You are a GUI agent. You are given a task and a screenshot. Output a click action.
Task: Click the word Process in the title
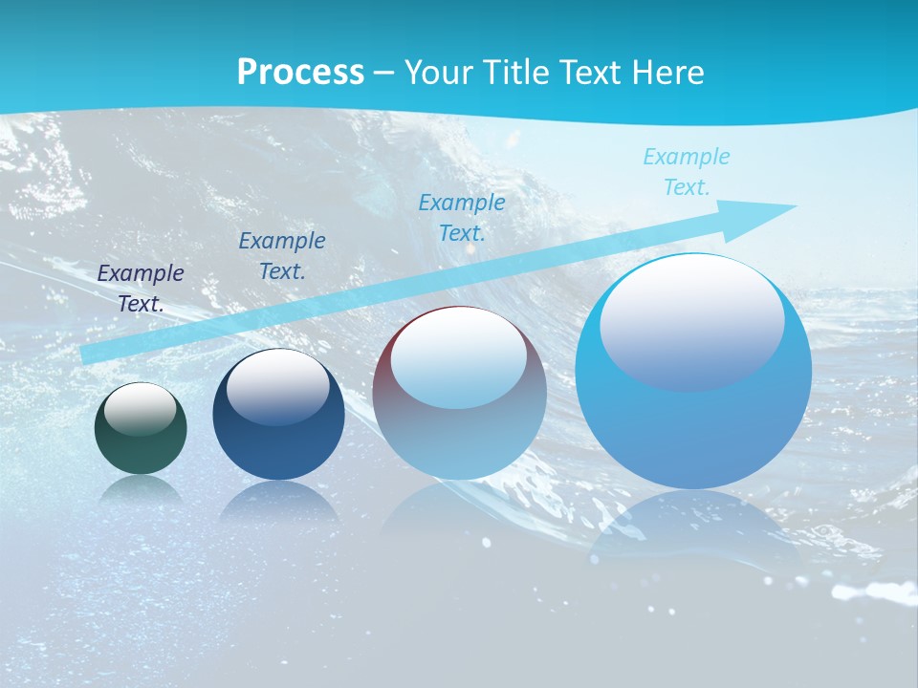pos(300,73)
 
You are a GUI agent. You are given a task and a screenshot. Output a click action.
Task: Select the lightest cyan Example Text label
pos(686,172)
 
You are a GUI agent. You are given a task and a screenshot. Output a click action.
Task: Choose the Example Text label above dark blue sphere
pos(281,256)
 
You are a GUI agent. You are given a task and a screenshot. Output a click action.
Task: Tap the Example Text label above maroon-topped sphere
pos(461,217)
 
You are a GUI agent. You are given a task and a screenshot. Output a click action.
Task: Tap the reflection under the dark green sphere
pos(141,489)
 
